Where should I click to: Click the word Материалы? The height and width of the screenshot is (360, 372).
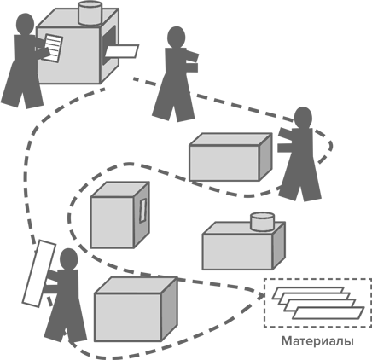click(x=317, y=341)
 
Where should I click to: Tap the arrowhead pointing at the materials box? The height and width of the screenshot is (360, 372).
click(x=260, y=296)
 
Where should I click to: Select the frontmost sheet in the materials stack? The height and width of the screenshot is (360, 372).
click(x=328, y=313)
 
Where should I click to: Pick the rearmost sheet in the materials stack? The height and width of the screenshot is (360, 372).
click(x=308, y=293)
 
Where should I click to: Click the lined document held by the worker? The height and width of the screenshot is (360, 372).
click(x=53, y=48)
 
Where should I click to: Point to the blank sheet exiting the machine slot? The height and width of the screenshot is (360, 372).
click(x=121, y=51)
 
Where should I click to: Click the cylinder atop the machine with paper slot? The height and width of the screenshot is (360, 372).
click(x=90, y=13)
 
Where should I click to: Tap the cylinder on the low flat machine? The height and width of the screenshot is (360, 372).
click(x=262, y=221)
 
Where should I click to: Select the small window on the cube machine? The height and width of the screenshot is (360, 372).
click(x=142, y=210)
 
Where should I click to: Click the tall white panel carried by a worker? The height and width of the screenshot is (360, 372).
click(x=38, y=274)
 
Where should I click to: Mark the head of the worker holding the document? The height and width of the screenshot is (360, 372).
click(x=26, y=25)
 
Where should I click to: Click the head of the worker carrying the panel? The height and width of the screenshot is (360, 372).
click(x=68, y=259)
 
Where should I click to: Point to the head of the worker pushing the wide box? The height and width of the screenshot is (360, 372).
click(x=303, y=118)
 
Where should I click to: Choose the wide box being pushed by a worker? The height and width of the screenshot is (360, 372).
click(x=230, y=157)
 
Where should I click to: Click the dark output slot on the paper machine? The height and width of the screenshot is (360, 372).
click(x=109, y=44)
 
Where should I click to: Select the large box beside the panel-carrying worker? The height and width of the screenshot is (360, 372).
click(x=136, y=309)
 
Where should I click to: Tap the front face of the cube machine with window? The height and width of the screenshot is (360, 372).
click(x=113, y=223)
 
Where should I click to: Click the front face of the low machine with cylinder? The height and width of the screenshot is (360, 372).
click(x=237, y=252)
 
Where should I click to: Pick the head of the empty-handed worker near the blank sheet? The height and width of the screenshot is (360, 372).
click(x=177, y=38)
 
